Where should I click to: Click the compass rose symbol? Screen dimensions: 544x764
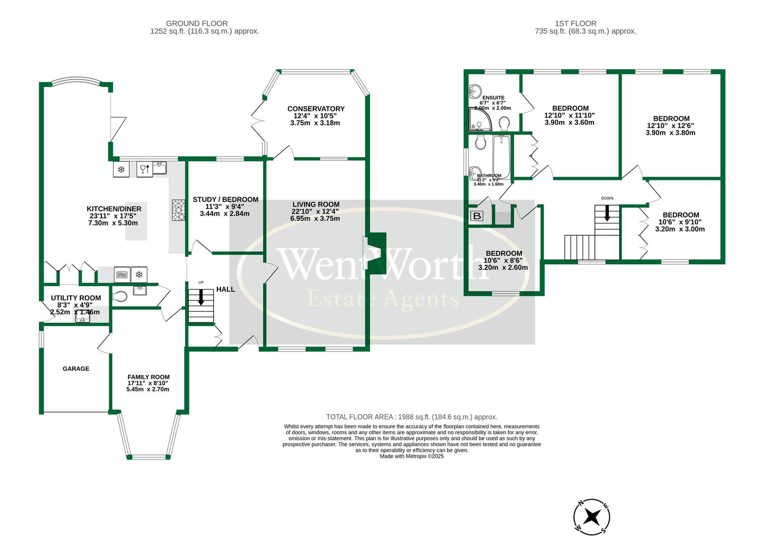tap(592, 517)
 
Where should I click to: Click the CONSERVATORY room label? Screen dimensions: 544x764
tap(316, 109)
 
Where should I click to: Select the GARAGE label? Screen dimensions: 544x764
tap(76, 369)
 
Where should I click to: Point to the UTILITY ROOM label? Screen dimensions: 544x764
tap(76, 298)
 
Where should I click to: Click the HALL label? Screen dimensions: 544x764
tap(225, 289)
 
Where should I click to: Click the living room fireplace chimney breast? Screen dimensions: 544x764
tap(377, 253)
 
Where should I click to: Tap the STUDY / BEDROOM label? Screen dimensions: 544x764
tap(225, 199)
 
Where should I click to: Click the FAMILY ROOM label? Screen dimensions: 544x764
tap(148, 377)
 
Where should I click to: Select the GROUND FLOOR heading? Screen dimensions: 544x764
tap(197, 23)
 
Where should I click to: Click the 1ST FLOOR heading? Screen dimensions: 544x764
tap(575, 23)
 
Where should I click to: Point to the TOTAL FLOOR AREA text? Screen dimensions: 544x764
tap(412, 417)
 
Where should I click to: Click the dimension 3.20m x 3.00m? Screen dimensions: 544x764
tap(680, 229)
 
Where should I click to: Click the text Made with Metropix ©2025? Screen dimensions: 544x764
tap(412, 456)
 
